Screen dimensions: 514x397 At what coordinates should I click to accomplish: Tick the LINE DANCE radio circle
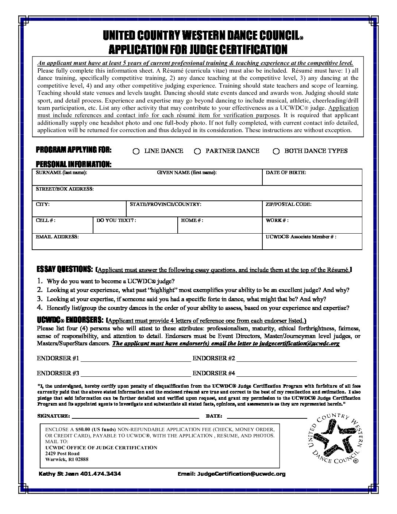coord(136,151)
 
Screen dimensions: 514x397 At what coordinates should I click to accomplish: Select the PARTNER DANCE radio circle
coord(197,151)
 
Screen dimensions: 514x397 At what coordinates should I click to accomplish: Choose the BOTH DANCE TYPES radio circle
coord(276,151)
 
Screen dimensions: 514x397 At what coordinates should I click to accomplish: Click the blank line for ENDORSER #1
coord(135,359)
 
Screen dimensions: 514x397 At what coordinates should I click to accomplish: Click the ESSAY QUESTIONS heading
coord(65,269)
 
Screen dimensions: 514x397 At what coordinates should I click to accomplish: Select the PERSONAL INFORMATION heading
coord(73,164)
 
